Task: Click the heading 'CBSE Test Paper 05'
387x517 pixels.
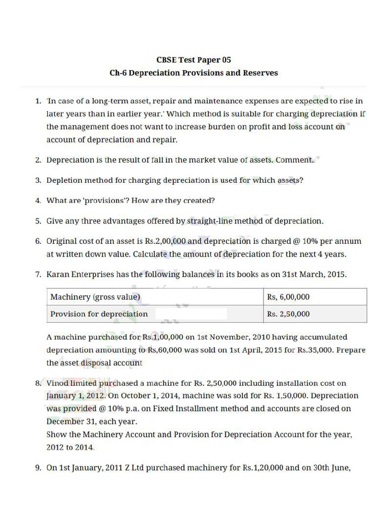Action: [x=193, y=60]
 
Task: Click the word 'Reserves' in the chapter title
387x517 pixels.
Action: [x=260, y=73]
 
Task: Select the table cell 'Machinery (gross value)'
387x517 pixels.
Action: [x=95, y=297]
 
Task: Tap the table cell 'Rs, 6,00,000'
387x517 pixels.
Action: [x=288, y=297]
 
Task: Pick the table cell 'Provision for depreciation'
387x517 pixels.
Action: [x=99, y=314]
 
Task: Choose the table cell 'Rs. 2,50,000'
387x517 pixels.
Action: [x=288, y=314]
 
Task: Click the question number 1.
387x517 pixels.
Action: [x=38, y=101]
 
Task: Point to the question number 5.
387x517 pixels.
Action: [x=38, y=221]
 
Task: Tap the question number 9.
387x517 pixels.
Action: [x=38, y=468]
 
